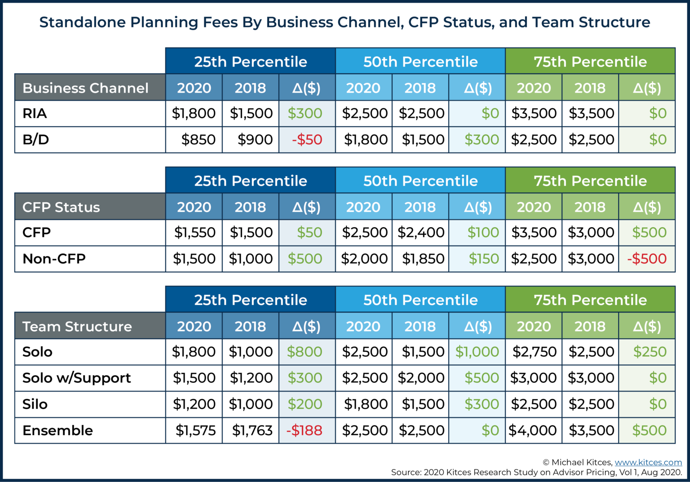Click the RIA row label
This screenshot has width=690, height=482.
[35, 113]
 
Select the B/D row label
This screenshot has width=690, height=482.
[36, 139]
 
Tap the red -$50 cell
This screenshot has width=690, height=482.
[307, 139]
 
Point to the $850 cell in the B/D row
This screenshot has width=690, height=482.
[198, 139]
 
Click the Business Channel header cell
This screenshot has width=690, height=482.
[85, 88]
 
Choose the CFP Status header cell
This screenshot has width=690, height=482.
[61, 207]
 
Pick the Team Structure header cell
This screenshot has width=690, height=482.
[77, 326]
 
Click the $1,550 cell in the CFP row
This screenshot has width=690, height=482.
[195, 232]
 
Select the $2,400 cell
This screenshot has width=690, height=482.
[421, 232]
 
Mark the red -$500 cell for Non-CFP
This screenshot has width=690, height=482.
[647, 259]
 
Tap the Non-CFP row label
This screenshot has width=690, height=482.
[54, 259]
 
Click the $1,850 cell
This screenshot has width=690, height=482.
[423, 259]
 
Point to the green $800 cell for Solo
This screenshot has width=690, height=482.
[305, 352]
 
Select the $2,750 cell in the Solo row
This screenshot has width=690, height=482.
[534, 352]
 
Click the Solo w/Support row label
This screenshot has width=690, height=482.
[77, 378]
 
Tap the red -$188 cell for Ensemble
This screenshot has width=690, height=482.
[304, 430]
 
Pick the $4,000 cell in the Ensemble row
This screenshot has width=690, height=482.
[533, 430]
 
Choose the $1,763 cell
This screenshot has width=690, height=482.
[252, 430]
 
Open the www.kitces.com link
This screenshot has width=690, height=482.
[648, 462]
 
